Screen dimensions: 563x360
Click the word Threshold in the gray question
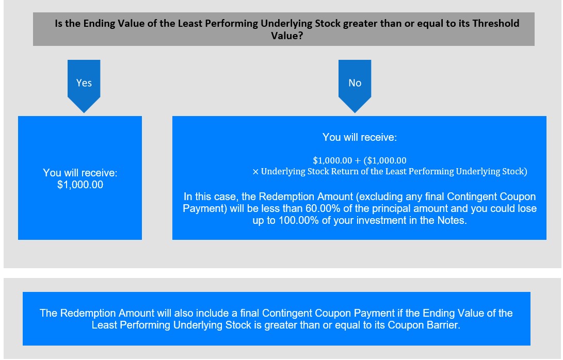tap(496, 23)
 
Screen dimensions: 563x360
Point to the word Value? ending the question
tap(287, 36)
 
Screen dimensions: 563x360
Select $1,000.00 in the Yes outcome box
tap(80, 185)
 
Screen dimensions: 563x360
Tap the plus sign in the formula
tap(358, 161)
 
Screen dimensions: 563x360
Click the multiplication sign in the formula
tap(255, 172)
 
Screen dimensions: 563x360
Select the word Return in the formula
tap(345, 172)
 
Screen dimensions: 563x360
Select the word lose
tap(527, 208)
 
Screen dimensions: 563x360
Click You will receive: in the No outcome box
tap(359, 138)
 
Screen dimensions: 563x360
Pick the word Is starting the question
tap(59, 23)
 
